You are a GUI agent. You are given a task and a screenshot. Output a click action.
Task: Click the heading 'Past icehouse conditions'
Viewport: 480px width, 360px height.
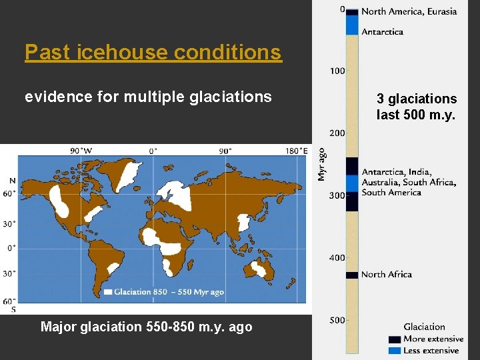click(x=153, y=52)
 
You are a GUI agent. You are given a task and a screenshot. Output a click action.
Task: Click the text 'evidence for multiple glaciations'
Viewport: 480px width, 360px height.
click(x=148, y=97)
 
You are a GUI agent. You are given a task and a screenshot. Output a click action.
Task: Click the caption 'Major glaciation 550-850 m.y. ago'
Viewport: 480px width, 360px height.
click(x=147, y=327)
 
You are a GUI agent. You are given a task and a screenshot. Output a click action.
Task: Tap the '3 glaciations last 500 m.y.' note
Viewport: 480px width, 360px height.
click(x=417, y=107)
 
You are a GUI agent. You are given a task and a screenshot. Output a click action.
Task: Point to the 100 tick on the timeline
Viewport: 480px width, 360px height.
click(x=337, y=71)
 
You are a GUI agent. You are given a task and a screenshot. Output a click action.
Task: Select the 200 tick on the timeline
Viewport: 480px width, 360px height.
click(x=337, y=133)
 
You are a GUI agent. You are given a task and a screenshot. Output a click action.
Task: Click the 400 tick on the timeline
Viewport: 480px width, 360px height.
click(x=337, y=257)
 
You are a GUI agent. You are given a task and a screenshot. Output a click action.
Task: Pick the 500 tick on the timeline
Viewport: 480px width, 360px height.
click(x=337, y=320)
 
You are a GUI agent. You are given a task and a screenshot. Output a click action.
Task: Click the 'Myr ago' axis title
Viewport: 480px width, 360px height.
click(x=322, y=164)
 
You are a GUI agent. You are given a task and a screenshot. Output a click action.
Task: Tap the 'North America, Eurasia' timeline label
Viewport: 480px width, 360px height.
click(x=409, y=11)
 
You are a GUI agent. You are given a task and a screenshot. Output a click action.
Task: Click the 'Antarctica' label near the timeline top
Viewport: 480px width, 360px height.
click(x=382, y=31)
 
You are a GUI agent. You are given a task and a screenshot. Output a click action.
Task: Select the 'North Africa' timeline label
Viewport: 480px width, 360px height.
click(x=386, y=274)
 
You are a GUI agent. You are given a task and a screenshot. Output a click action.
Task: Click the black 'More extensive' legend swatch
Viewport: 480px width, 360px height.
click(x=394, y=339)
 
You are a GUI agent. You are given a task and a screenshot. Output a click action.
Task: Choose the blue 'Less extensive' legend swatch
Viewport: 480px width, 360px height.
click(x=394, y=350)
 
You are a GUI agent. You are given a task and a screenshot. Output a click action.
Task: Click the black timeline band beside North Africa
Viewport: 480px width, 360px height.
click(x=352, y=275)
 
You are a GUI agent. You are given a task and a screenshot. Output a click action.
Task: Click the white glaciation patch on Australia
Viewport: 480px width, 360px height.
click(x=257, y=269)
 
